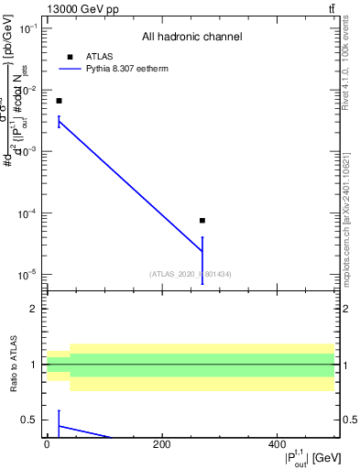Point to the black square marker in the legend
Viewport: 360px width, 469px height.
70,57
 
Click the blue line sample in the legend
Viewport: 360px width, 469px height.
70,69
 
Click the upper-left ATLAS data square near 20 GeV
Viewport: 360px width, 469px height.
59,101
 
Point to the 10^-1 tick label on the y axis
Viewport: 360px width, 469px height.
28,28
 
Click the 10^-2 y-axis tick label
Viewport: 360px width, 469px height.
28,90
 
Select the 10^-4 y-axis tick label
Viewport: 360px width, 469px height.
28,213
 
